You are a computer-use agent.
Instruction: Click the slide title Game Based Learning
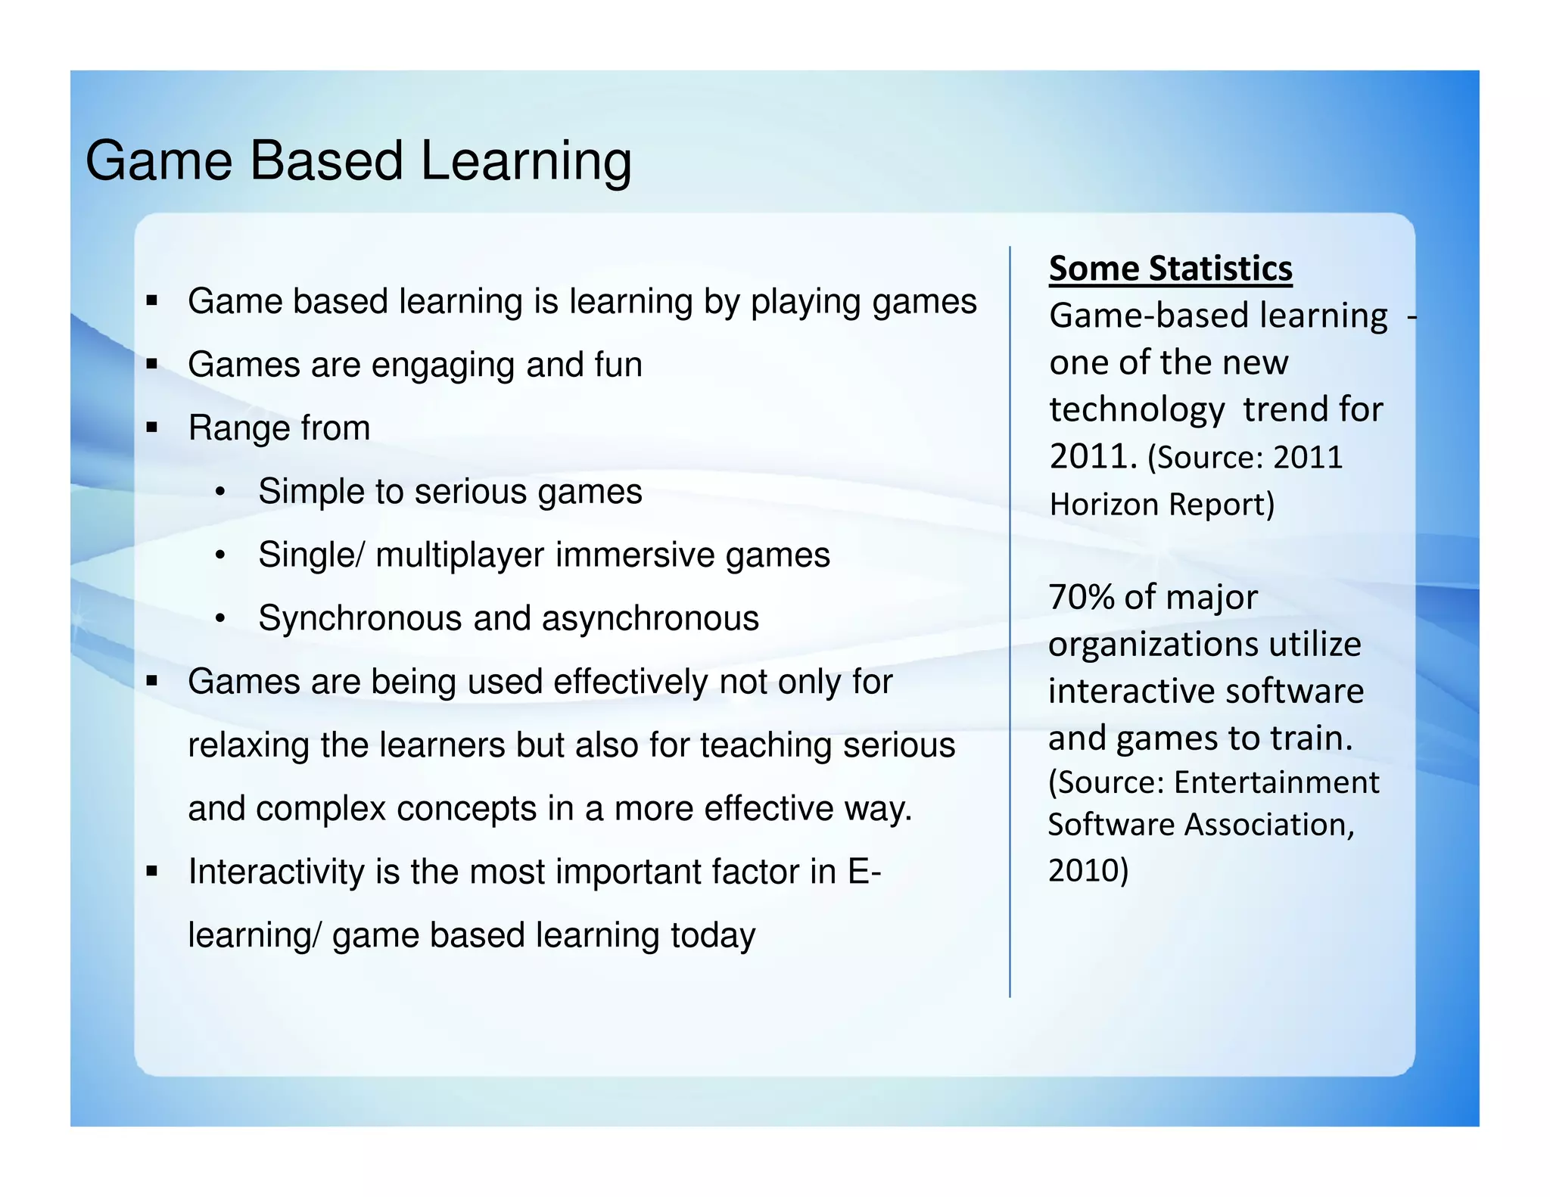click(358, 161)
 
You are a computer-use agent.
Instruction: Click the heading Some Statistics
click(1170, 269)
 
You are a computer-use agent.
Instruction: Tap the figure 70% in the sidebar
click(1082, 597)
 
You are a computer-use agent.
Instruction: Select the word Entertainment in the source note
click(1276, 782)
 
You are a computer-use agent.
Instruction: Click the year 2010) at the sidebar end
click(1088, 870)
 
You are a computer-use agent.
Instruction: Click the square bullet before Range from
click(152, 428)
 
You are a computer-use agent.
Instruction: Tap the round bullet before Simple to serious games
click(220, 493)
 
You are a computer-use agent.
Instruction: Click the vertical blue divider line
click(1010, 620)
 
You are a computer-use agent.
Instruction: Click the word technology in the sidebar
click(1137, 410)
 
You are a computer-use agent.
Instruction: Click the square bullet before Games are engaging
click(152, 365)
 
